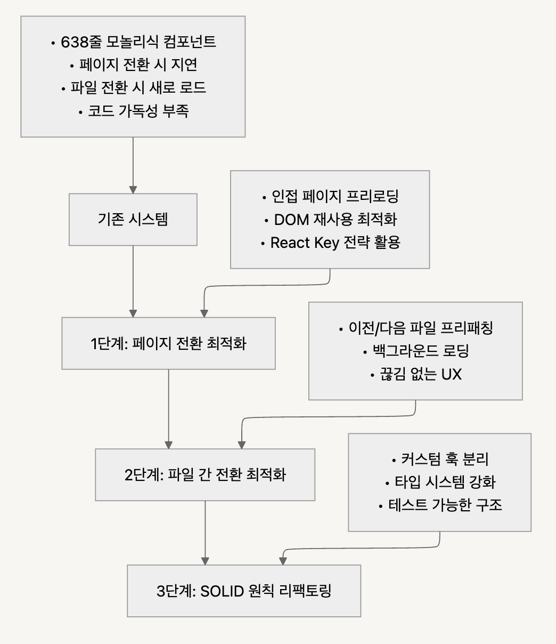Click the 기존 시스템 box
point(133,219)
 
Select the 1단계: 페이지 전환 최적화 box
point(168,343)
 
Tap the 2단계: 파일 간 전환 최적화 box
point(205,474)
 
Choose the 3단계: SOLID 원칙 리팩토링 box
point(244,591)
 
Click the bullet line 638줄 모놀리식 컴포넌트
point(134,42)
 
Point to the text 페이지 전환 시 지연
point(134,65)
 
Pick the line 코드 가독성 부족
point(134,111)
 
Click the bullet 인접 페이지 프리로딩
point(330,196)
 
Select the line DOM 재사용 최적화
point(330,219)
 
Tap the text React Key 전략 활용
point(330,243)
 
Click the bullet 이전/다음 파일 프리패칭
point(415,328)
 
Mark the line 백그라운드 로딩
point(415,351)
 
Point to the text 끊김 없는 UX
point(415,374)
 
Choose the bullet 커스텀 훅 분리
point(440,459)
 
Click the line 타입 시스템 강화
point(440,482)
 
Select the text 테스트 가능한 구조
point(440,505)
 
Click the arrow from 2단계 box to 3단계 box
point(205,533)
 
